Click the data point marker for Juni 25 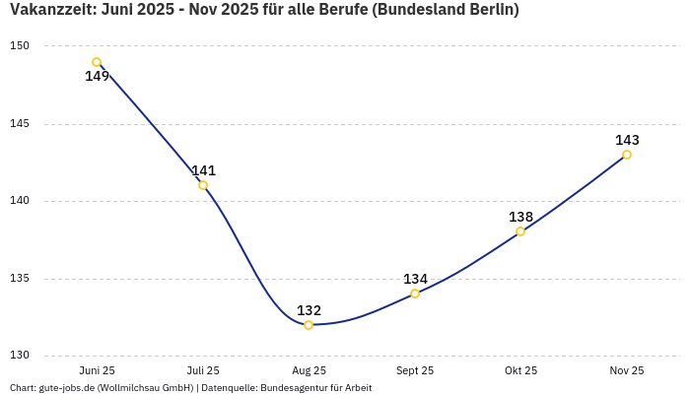(x=97, y=62)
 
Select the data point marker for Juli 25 (x=203, y=185)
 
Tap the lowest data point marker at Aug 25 (x=309, y=325)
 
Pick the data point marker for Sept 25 (x=415, y=294)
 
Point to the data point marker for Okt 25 (x=520, y=231)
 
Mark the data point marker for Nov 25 (x=627, y=155)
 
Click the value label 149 (x=97, y=77)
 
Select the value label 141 (x=203, y=170)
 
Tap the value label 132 (x=309, y=310)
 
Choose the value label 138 (x=520, y=217)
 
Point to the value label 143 (x=627, y=140)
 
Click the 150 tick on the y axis (x=20, y=46)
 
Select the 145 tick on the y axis (x=20, y=124)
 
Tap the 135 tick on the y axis (x=20, y=279)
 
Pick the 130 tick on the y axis (x=20, y=356)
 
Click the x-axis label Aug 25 (x=309, y=371)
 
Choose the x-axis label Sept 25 (x=415, y=371)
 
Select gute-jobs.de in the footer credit (x=67, y=388)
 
